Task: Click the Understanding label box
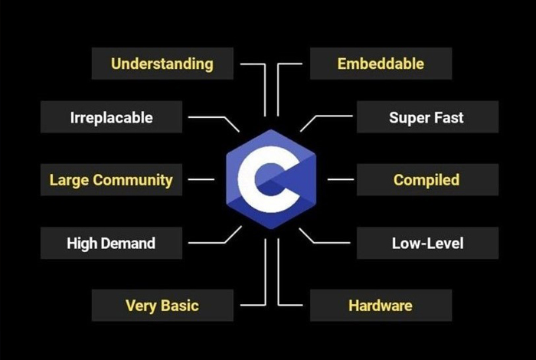162,64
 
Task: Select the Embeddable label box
380,64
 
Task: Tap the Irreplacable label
111,118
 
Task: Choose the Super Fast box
427,118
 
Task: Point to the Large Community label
111,181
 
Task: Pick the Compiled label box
427,181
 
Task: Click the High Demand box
111,244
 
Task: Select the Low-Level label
427,244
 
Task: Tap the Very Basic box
162,306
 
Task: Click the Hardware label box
380,306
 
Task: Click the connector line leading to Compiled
341,180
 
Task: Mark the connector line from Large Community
201,180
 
